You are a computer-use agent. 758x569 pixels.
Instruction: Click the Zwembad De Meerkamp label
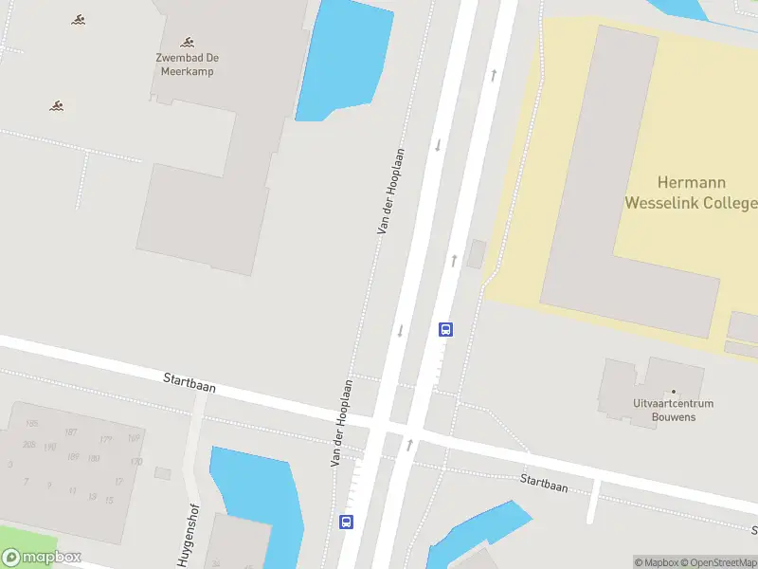point(187,64)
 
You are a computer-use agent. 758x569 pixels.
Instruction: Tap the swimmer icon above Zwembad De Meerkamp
point(188,42)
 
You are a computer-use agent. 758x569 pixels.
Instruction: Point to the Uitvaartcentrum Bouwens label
point(674,410)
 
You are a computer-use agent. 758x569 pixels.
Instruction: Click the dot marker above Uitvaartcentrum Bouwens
point(674,392)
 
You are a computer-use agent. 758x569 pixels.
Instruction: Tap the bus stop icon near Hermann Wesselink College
point(445,330)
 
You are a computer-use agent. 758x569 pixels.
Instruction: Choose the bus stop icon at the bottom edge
point(347,522)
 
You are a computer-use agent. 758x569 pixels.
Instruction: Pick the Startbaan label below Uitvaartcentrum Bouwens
point(544,483)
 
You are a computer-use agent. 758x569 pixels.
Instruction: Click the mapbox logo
point(42,558)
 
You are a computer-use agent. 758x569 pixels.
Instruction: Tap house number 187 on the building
point(70,431)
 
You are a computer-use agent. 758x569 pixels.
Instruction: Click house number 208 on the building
point(28,445)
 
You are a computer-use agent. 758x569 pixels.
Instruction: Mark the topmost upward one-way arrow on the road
point(493,74)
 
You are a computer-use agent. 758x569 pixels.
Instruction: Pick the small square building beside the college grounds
point(477,253)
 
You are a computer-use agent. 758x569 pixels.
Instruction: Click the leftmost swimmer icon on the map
point(57,104)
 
